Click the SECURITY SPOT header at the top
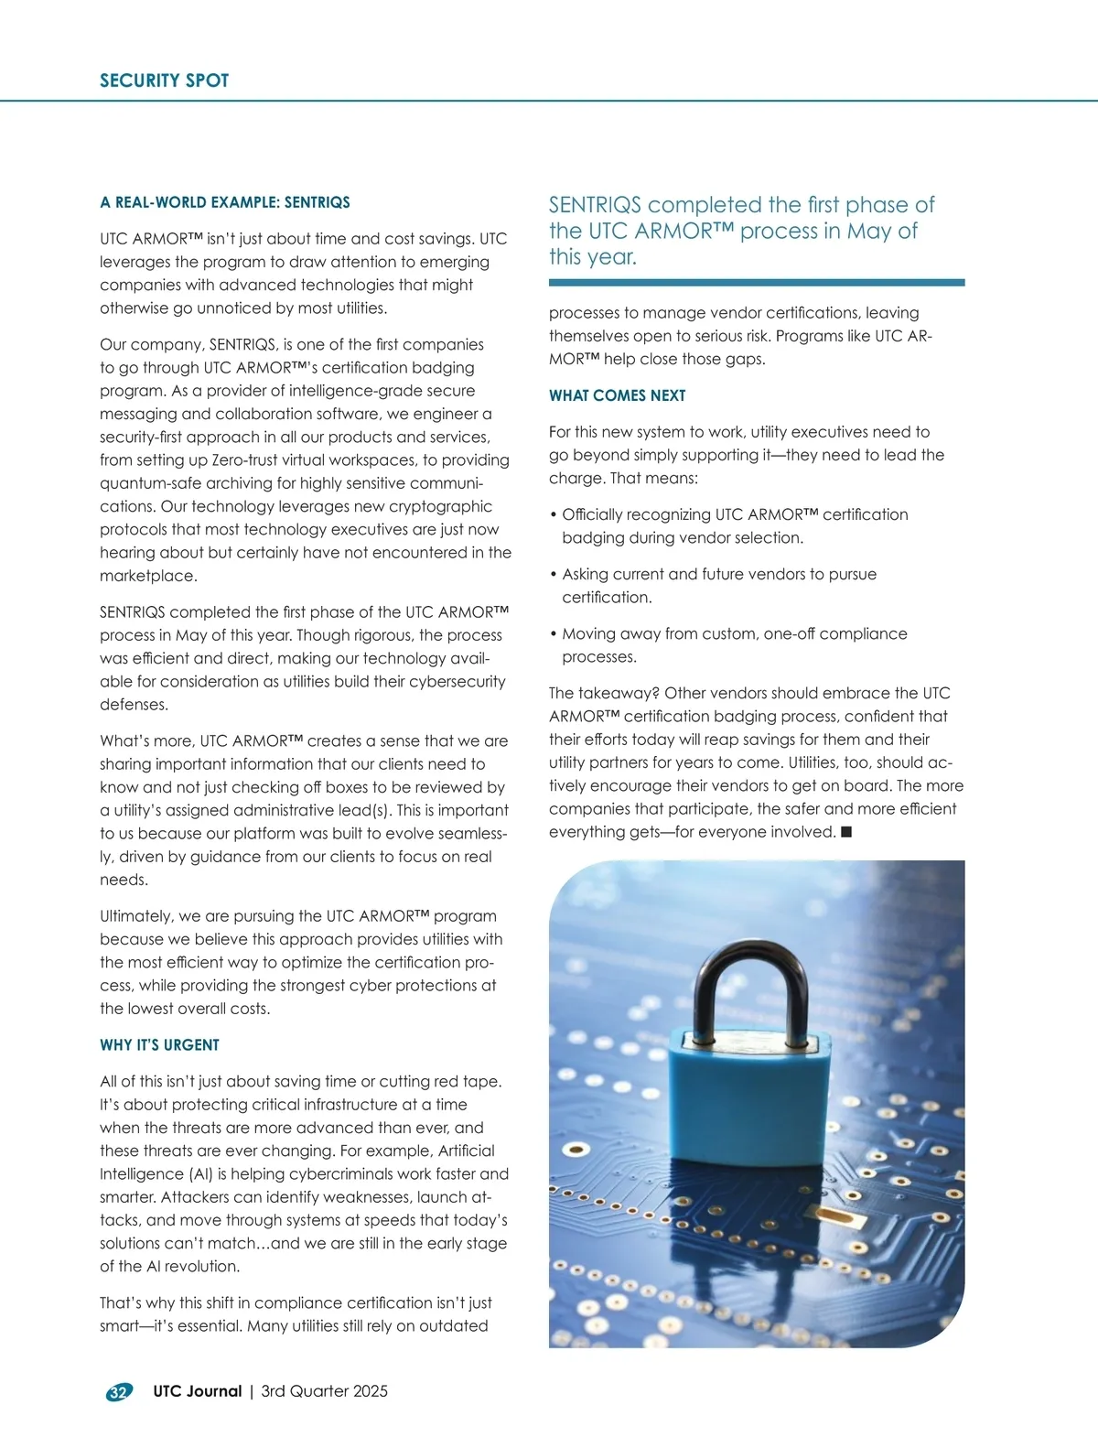pos(164,81)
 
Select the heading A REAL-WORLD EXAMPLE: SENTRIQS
pos(224,202)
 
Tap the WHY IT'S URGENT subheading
pos(159,1045)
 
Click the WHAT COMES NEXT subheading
pos(617,395)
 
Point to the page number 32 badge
pos(119,1392)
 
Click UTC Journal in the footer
pos(197,1391)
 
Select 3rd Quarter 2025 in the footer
pos(324,1391)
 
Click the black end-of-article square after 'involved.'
pos(846,832)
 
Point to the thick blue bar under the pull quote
pos(756,283)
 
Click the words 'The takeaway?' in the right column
pos(604,693)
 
